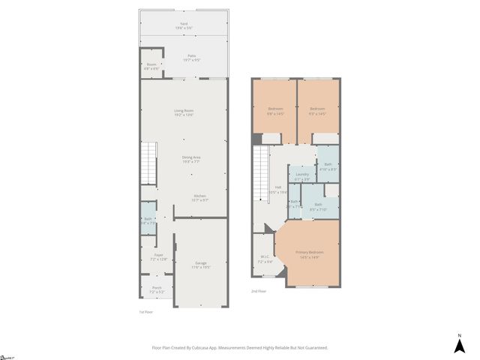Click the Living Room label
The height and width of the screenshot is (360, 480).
click(x=184, y=112)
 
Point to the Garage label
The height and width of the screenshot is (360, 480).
click(x=201, y=264)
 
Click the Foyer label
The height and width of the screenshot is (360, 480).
click(x=158, y=256)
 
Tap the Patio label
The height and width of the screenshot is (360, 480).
click(x=193, y=57)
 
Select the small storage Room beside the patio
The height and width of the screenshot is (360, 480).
click(x=151, y=66)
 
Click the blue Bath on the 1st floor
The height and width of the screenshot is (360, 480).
click(x=148, y=220)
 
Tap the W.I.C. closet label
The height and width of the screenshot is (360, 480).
click(x=265, y=259)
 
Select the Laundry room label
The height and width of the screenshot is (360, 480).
click(x=301, y=177)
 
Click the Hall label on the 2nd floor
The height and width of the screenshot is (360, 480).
click(x=277, y=189)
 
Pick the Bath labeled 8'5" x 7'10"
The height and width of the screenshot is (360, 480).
click(x=318, y=206)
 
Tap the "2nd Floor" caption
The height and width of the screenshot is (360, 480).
click(x=259, y=291)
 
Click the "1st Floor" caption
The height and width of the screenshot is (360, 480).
click(x=146, y=311)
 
